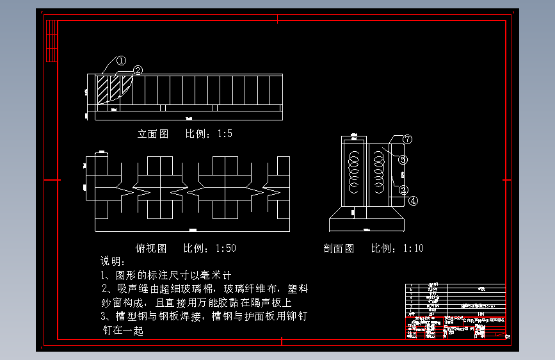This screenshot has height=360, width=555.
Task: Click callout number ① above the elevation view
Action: click(122, 61)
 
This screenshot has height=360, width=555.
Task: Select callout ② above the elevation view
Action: click(137, 70)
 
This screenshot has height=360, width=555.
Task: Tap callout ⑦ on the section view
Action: click(407, 139)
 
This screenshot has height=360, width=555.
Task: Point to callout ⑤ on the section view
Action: click(403, 159)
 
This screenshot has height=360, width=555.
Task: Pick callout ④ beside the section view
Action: click(413, 200)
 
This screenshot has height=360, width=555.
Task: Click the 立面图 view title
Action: click(153, 134)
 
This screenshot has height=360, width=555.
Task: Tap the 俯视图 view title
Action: click(151, 248)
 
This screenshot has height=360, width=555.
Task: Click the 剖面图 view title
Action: click(339, 249)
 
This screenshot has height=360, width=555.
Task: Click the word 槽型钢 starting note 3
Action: click(129, 317)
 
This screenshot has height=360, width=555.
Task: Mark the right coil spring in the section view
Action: click(378, 173)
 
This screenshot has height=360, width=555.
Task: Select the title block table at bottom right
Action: click(455, 311)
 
